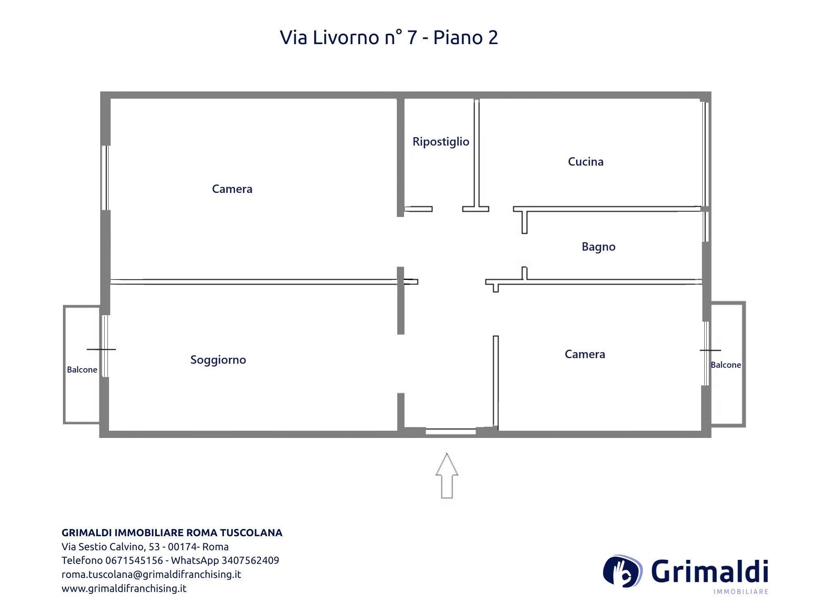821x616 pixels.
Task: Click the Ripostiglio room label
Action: [441, 142]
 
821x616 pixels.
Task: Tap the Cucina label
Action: [585, 162]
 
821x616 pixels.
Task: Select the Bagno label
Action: [599, 247]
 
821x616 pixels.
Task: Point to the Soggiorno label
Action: [218, 360]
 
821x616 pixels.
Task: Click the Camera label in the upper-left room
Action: [232, 189]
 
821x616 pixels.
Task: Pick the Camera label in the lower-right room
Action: [585, 354]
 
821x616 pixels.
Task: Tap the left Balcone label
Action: [82, 370]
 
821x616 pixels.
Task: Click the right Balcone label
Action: [726, 365]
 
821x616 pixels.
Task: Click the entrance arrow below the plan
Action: [447, 476]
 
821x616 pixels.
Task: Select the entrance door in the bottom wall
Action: [451, 432]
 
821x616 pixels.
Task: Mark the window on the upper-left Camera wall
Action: [105, 178]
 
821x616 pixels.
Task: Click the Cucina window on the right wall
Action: [705, 154]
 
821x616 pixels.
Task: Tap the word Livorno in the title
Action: [346, 38]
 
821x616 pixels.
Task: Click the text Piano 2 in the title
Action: [466, 38]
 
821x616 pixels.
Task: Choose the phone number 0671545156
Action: [134, 560]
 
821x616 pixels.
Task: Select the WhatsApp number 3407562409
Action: [250, 560]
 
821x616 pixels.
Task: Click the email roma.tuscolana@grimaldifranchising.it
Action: [151, 574]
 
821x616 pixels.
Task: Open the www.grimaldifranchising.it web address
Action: [124, 588]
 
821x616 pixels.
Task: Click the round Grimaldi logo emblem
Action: [623, 571]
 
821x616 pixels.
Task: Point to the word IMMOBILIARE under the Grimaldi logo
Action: [741, 592]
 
